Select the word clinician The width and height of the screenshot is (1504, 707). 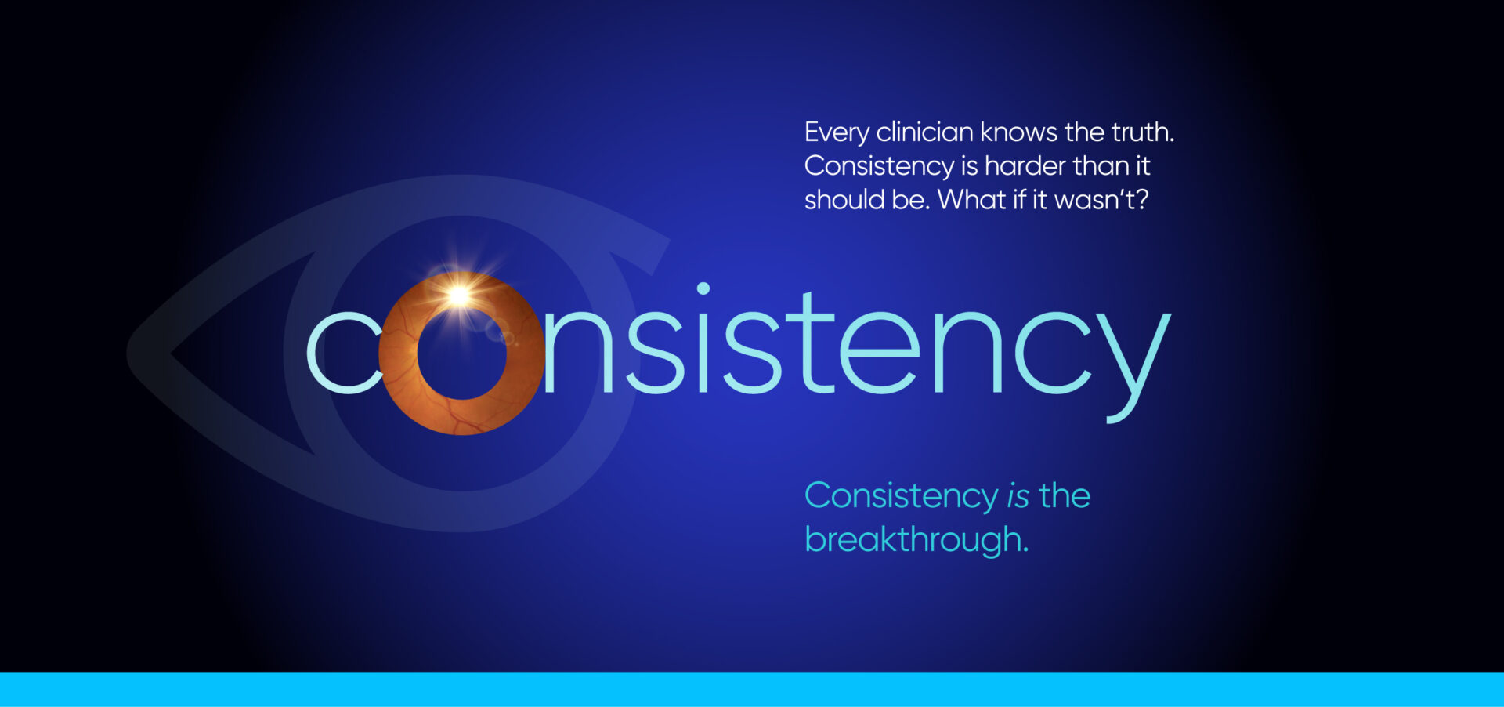924,132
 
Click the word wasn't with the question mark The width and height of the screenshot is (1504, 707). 1101,200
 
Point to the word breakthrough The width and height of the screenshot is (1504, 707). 916,540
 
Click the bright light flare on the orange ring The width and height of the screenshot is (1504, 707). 459,295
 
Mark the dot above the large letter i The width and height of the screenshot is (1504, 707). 703,288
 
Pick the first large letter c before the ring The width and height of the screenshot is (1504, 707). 344,353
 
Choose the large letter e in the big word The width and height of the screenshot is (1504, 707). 879,353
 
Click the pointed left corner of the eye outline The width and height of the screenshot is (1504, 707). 129,353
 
